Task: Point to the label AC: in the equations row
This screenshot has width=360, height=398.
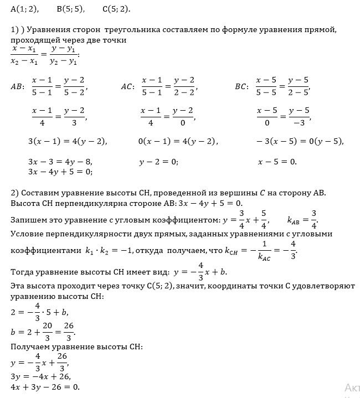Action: point(127,86)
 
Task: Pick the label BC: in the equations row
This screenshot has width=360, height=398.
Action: point(241,86)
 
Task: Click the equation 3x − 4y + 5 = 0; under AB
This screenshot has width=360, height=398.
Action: point(60,172)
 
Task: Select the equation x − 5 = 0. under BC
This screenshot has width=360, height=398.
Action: point(277,162)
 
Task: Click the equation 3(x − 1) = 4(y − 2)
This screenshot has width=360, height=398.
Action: point(67,141)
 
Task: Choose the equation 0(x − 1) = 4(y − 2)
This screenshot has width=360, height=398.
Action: point(178,141)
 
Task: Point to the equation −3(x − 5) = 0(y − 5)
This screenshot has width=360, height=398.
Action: point(300,141)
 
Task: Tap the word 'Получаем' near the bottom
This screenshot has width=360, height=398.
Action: point(29,347)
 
